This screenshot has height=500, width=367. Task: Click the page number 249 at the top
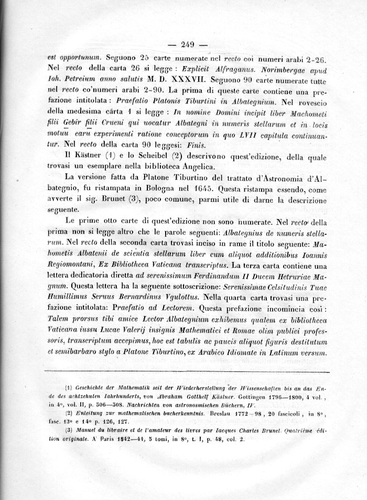187,44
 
